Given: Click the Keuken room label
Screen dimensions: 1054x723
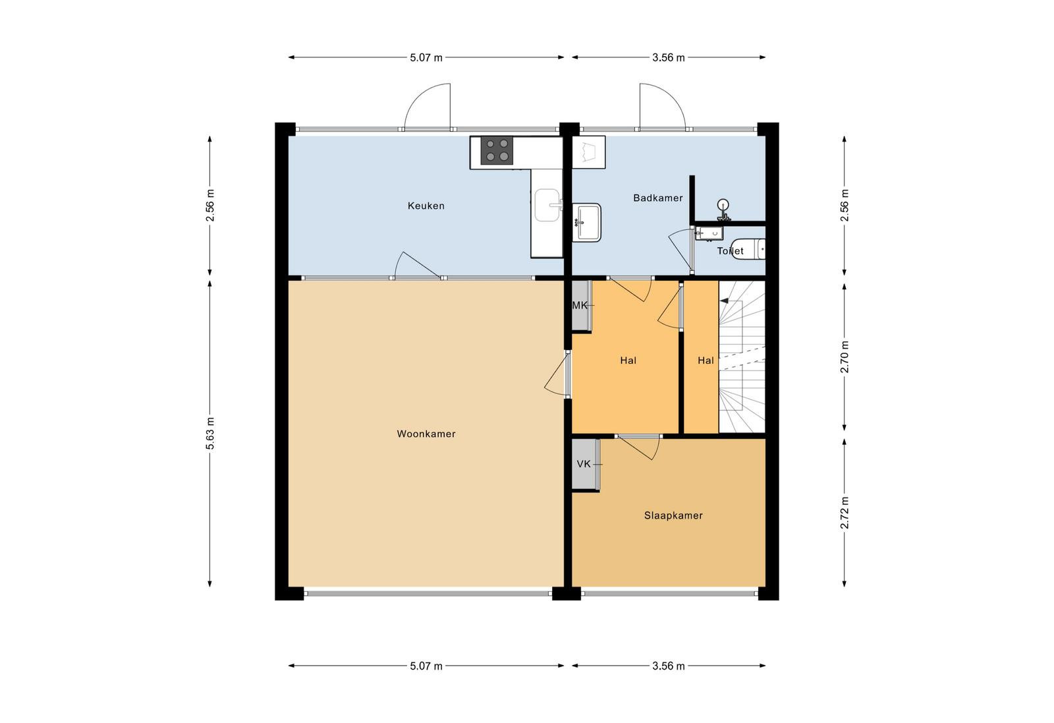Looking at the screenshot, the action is click(x=426, y=206).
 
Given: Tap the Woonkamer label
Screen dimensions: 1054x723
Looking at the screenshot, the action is click(x=426, y=434).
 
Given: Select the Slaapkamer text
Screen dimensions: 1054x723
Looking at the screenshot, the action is click(x=673, y=515).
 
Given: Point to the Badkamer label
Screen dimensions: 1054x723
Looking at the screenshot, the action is click(x=658, y=198).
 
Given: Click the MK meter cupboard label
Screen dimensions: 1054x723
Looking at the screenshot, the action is click(x=580, y=306).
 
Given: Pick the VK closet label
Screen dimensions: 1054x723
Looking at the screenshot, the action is click(x=584, y=464).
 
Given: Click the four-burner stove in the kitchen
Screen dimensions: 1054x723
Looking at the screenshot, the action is click(x=497, y=150).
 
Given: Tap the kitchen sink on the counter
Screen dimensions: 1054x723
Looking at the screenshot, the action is click(x=548, y=205).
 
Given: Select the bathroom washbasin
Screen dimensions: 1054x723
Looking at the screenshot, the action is click(x=587, y=222).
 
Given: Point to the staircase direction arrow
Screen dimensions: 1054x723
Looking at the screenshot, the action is click(x=724, y=301).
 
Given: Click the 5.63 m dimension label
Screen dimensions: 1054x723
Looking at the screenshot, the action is click(x=210, y=434).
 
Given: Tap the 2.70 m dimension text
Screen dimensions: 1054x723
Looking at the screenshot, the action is click(x=845, y=357).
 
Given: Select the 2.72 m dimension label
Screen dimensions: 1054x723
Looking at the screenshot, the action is click(x=845, y=513).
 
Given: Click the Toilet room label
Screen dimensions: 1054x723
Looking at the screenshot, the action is click(x=731, y=251).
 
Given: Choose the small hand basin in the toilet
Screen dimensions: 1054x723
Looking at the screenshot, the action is click(x=709, y=233).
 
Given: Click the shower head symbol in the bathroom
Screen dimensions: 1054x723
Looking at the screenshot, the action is click(x=723, y=210).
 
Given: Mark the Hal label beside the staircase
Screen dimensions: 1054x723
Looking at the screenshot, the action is click(x=706, y=361).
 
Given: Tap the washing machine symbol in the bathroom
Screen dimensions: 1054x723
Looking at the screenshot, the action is click(x=589, y=152).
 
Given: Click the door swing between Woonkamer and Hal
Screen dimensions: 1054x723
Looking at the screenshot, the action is click(x=557, y=376).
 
